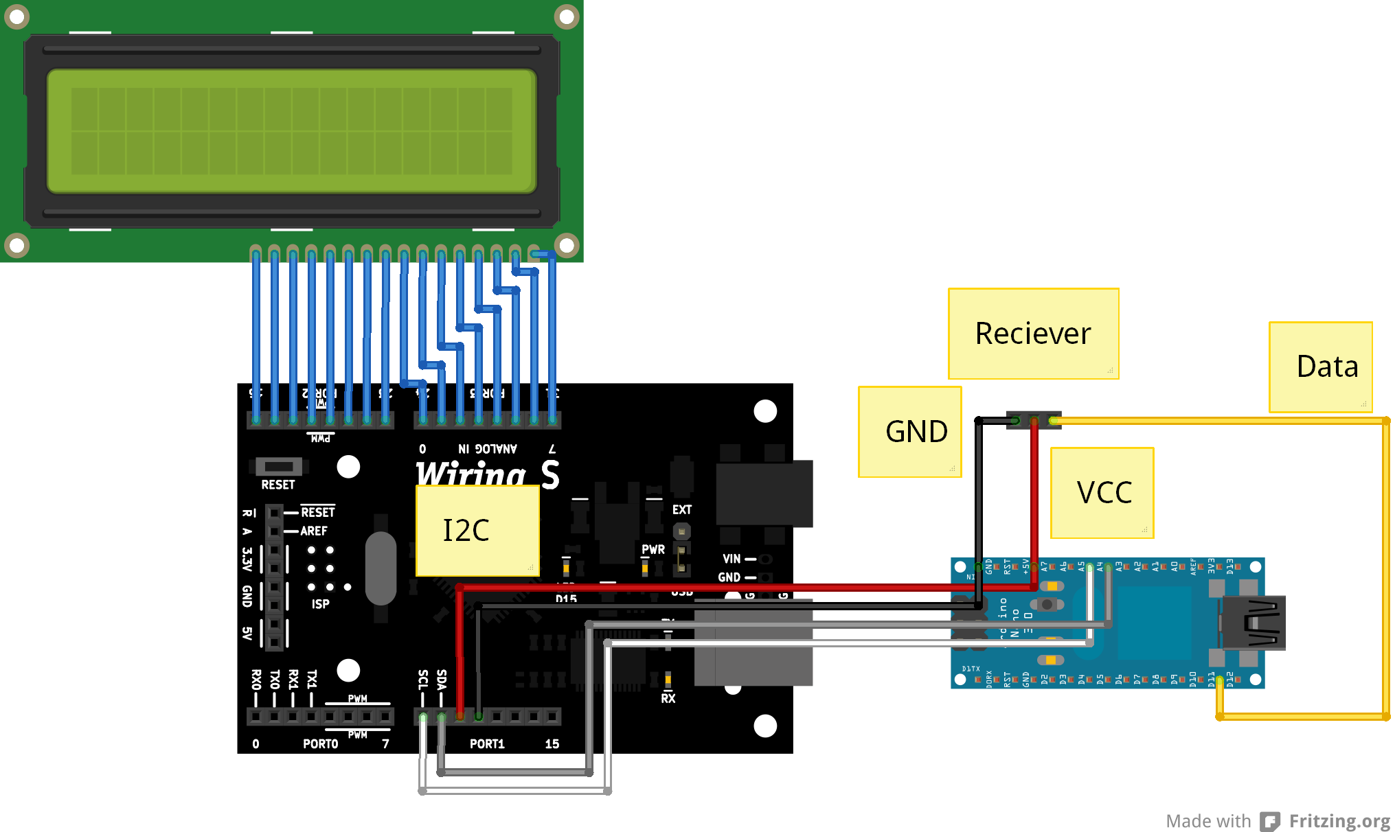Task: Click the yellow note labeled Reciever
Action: click(x=1033, y=334)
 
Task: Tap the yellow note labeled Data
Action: click(x=1320, y=367)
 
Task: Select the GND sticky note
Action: click(x=909, y=432)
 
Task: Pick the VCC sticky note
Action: click(x=1102, y=493)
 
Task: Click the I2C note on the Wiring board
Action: click(x=477, y=531)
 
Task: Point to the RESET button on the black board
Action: click(x=279, y=467)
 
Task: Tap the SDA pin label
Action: click(x=442, y=680)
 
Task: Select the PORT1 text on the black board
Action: click(x=487, y=744)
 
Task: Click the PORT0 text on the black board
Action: click(x=320, y=744)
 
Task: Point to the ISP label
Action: click(x=320, y=604)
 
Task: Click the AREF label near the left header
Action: click(x=314, y=531)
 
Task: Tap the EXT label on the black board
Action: click(x=682, y=510)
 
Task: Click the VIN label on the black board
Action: click(x=731, y=559)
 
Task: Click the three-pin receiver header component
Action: click(x=1034, y=420)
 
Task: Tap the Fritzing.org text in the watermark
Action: click(x=1339, y=821)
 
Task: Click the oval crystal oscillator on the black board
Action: click(x=381, y=568)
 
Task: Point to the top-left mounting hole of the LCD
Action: click(x=16, y=16)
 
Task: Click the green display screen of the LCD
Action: click(x=291, y=130)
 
